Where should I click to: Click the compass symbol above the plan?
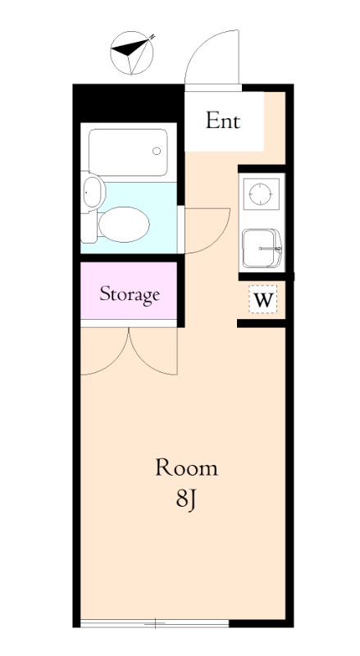(132, 53)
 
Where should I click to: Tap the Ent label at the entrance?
(223, 121)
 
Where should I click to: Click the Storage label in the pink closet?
(130, 294)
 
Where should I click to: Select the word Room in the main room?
(187, 467)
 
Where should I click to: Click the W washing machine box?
(263, 299)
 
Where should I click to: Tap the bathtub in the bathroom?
(128, 153)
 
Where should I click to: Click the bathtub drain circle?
(157, 151)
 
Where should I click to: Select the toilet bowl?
(124, 224)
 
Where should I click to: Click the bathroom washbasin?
(93, 192)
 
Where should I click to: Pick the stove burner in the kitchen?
(261, 194)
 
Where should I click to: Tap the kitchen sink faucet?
(271, 248)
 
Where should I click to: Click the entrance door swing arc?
(200, 47)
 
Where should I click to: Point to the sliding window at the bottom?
(154, 623)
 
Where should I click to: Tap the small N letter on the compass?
(152, 37)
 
